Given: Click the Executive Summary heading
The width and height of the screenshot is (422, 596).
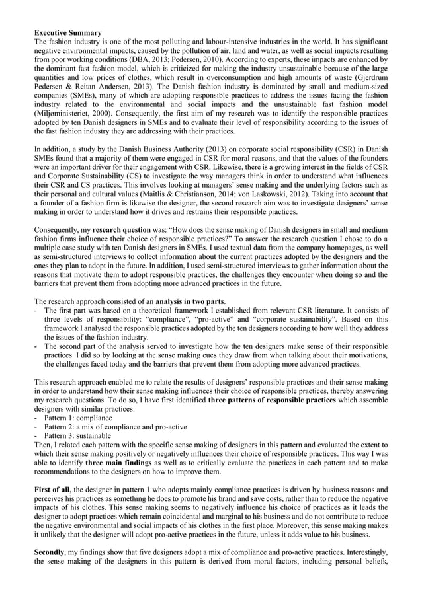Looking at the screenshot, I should tap(67, 32).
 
